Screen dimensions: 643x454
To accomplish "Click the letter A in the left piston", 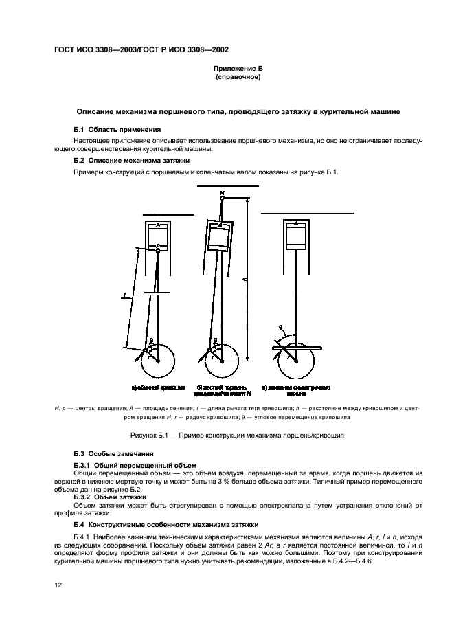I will [x=158, y=225].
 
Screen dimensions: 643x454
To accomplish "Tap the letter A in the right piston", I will [x=295, y=223].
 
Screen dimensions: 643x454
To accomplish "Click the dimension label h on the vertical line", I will [x=245, y=280].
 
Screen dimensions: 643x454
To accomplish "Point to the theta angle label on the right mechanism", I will [x=280, y=327].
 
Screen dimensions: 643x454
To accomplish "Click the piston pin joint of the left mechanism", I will [x=158, y=251].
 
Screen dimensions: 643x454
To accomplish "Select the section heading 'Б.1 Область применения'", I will [x=117, y=129].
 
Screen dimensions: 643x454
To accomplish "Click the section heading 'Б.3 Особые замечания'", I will [x=113, y=455].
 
